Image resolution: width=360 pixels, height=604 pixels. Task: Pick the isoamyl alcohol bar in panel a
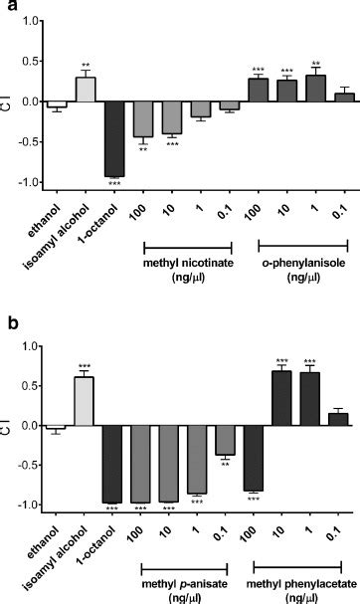click(x=87, y=89)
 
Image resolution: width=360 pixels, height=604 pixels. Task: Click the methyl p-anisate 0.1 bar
click(x=230, y=440)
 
